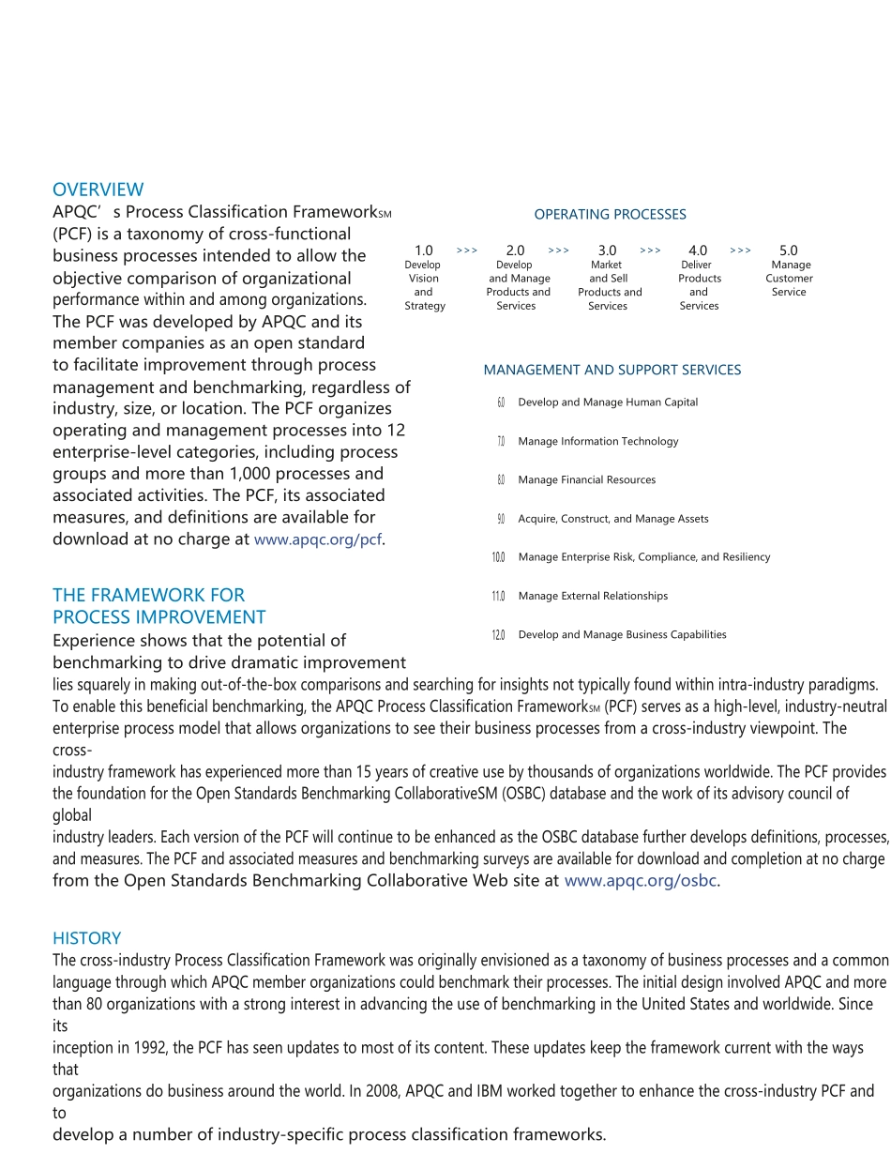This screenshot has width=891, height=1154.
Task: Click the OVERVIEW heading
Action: coord(98,190)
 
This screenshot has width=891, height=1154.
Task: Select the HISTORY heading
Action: coord(87,938)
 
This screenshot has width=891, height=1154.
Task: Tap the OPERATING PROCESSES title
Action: coord(610,215)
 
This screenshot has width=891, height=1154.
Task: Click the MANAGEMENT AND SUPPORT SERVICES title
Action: coord(612,371)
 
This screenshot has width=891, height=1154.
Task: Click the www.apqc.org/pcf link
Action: coord(318,539)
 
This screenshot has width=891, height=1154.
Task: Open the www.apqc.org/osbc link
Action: coord(641,881)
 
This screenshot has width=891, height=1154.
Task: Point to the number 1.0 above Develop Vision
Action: coord(424,251)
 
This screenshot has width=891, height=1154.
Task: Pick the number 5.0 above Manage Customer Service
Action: coord(789,251)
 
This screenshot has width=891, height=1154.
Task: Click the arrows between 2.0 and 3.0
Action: coord(559,251)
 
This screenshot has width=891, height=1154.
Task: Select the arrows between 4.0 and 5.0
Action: coord(741,251)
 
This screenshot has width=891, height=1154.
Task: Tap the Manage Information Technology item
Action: coord(597,442)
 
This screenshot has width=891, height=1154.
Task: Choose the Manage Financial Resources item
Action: coord(586,480)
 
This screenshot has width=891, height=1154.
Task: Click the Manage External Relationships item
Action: coord(593,597)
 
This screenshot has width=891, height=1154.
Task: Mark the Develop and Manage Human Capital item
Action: coord(608,402)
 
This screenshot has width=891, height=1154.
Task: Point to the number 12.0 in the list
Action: coord(498,636)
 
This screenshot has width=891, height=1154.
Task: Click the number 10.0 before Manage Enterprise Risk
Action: coord(498,558)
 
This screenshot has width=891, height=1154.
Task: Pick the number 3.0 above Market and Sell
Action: coord(607,251)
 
